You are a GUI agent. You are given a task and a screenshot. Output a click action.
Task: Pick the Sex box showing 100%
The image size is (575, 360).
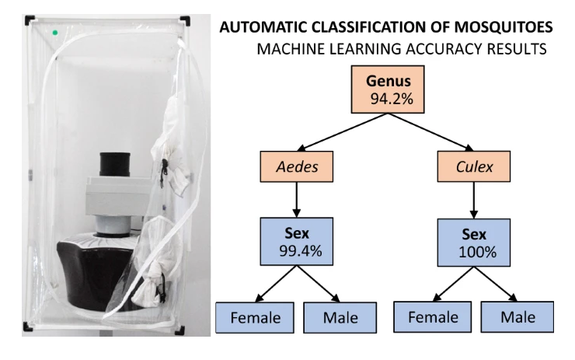pyautogui.click(x=469, y=243)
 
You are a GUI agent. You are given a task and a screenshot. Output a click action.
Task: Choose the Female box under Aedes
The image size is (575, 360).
pyautogui.click(x=255, y=317)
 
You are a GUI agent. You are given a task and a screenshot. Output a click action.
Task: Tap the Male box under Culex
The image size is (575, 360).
pyautogui.click(x=519, y=317)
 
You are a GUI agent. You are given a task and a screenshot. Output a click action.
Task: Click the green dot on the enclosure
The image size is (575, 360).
pyautogui.click(x=55, y=33)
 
